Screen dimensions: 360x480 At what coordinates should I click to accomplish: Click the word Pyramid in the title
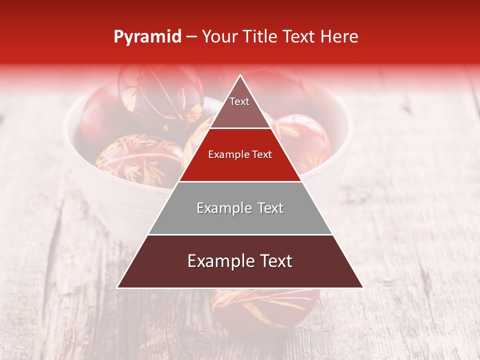[x=147, y=36]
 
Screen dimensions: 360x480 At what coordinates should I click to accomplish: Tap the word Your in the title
[x=220, y=36]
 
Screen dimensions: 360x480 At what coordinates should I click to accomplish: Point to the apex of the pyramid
[x=240, y=76]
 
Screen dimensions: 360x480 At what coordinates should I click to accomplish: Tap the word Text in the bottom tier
[x=272, y=261]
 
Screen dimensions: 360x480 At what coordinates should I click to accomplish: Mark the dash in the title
[x=191, y=37]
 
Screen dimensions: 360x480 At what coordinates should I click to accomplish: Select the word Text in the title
[x=298, y=36]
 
